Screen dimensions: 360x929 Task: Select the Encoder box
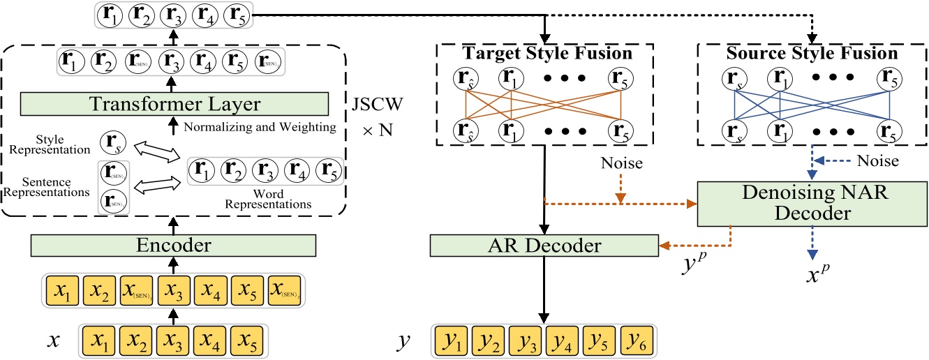[x=174, y=245]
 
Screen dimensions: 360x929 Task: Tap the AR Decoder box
[x=544, y=245]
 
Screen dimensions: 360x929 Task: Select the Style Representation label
[x=51, y=144]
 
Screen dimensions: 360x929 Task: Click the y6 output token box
[x=637, y=343]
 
